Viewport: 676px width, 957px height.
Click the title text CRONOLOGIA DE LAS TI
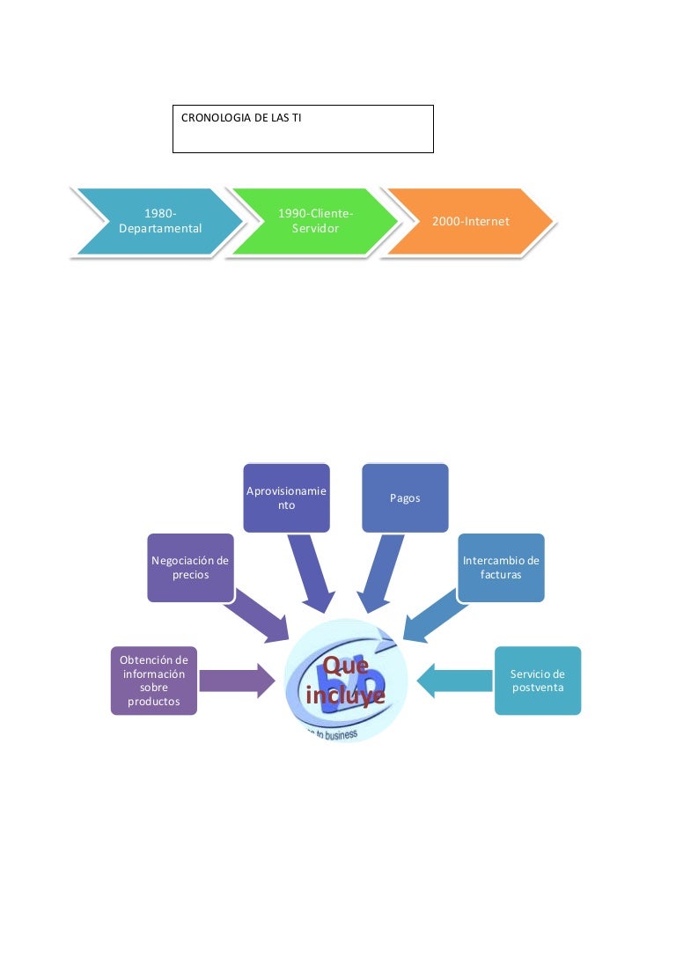coord(240,117)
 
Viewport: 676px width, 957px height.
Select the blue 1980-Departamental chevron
coord(159,221)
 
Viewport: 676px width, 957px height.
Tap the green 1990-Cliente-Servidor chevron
coord(315,221)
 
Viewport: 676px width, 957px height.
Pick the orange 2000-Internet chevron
coord(470,221)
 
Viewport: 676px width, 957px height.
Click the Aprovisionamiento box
coord(286,498)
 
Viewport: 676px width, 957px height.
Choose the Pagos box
coord(405,498)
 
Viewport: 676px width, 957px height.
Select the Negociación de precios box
coord(190,568)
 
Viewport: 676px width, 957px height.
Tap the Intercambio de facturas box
coord(501,568)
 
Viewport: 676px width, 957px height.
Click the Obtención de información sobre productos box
coord(154,681)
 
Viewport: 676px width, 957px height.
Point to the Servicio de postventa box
coord(538,681)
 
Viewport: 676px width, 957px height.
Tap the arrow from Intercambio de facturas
coord(431,616)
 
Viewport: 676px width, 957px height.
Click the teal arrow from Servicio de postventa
coord(453,681)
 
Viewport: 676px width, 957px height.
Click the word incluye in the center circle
coord(345,695)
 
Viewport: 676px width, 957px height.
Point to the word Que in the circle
coord(345,666)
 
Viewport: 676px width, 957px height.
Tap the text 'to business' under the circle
coord(330,733)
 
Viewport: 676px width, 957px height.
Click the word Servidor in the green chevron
coord(315,229)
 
